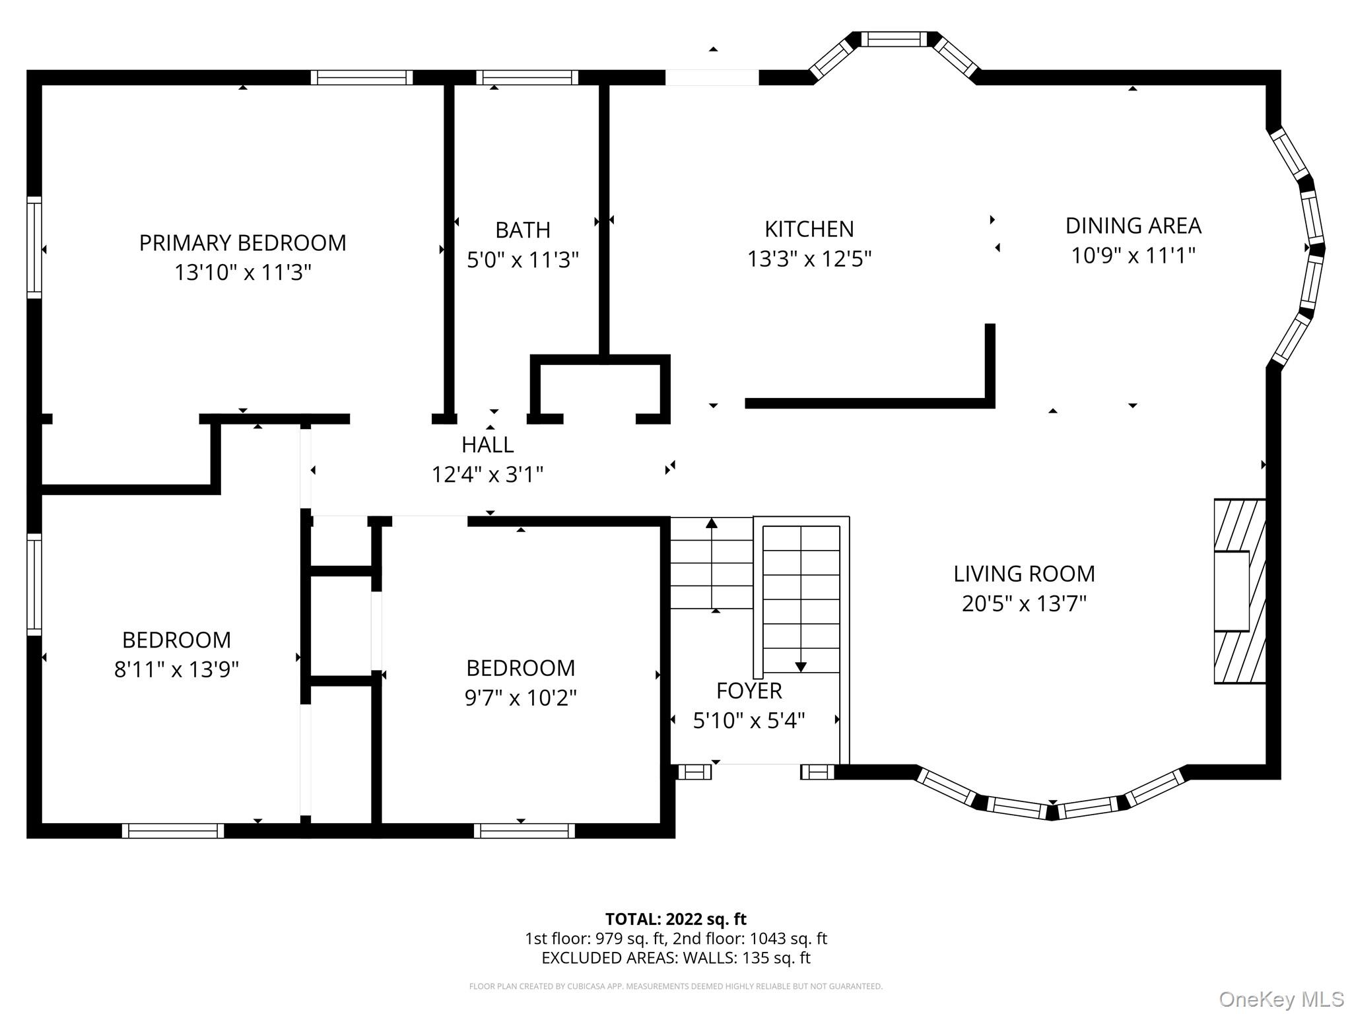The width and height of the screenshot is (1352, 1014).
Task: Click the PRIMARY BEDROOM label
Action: pos(242,243)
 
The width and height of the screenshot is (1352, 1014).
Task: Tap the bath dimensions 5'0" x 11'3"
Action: pos(522,260)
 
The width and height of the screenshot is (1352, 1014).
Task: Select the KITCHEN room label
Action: pos(809,229)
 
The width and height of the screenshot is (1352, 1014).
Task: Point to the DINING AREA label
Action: pos(1133,226)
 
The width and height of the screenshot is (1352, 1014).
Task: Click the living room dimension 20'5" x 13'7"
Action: pos(1023,603)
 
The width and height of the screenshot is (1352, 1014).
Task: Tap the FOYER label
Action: pos(749,691)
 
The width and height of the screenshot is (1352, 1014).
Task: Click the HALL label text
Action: pos(487,445)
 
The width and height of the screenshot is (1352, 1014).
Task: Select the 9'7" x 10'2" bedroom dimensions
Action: pos(520,698)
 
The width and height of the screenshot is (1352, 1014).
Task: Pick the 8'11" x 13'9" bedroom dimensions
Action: pos(176,669)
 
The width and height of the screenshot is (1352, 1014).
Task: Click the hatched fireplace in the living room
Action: pos(1240,591)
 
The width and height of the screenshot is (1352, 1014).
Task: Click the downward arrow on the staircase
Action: pos(801,667)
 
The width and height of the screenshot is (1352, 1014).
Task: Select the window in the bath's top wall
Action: pos(527,78)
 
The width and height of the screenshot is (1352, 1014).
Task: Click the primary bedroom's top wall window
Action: pos(362,78)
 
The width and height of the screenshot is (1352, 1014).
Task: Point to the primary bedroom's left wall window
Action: pos(34,248)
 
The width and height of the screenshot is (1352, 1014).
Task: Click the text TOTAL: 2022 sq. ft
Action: pos(675,919)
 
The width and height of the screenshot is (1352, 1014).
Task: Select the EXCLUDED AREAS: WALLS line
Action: pos(675,958)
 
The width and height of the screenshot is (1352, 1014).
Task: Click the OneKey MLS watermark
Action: pos(1281,999)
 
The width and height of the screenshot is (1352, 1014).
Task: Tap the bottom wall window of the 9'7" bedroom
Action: pos(524,831)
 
